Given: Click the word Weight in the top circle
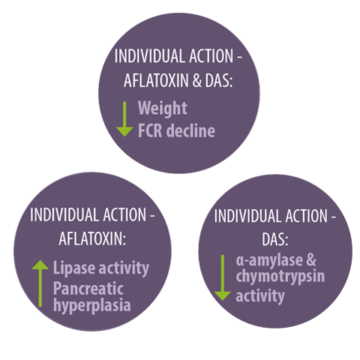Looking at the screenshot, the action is pyautogui.click(x=163, y=109).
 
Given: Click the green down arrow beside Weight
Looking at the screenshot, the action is pyautogui.click(x=124, y=119).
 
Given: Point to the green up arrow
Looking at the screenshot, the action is pyautogui.click(x=40, y=283).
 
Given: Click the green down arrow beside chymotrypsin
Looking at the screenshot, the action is pyautogui.click(x=222, y=277).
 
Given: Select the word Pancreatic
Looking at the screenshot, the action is pyautogui.click(x=88, y=289).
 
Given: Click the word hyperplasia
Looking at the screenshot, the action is pyautogui.click(x=92, y=305).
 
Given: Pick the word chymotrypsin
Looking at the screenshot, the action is pyautogui.click(x=280, y=277).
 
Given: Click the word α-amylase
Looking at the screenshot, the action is pyautogui.click(x=268, y=260).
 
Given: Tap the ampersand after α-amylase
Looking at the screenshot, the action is pyautogui.click(x=311, y=259).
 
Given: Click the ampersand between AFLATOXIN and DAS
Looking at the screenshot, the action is pyautogui.click(x=197, y=80).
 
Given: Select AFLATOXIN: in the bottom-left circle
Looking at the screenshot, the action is pyautogui.click(x=92, y=238).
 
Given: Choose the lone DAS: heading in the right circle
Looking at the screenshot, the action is pyautogui.click(x=275, y=239).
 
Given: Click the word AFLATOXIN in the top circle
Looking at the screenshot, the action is pyautogui.click(x=156, y=80).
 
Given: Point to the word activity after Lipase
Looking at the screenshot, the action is pyautogui.click(x=124, y=268).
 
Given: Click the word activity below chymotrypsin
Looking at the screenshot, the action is pyautogui.click(x=260, y=296).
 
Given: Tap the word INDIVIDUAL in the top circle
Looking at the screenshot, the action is pyautogui.click(x=149, y=56).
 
